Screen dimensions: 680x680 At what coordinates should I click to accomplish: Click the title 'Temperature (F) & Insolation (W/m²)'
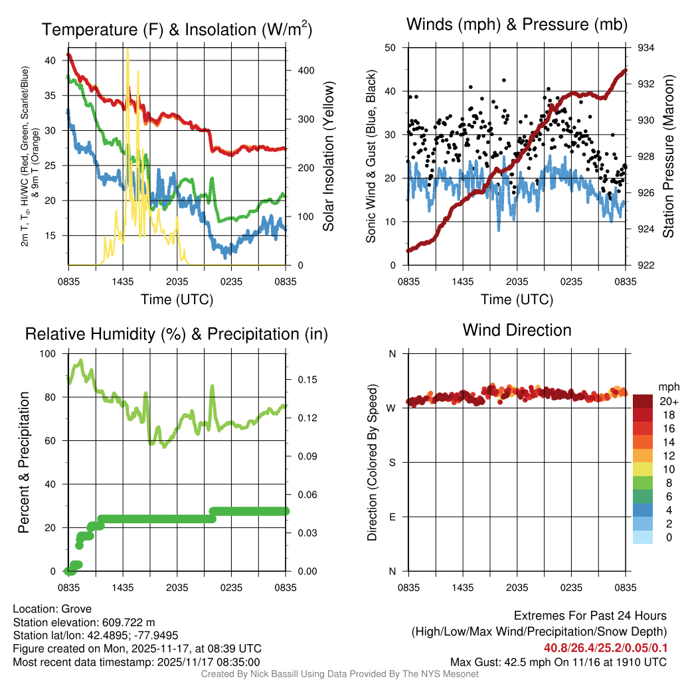pyautogui.click(x=177, y=29)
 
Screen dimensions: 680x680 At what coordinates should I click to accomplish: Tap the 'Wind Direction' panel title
pyautogui.click(x=517, y=330)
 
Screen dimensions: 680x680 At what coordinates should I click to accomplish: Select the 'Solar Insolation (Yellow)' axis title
pyautogui.click(x=328, y=157)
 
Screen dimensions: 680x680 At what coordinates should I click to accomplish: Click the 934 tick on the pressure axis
pyautogui.click(x=645, y=48)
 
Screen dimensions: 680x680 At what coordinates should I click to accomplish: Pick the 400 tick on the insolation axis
pyautogui.click(x=305, y=70)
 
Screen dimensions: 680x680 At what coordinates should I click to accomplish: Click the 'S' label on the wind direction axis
pyautogui.click(x=392, y=462)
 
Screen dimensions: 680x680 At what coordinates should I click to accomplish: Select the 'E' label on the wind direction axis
pyautogui.click(x=392, y=517)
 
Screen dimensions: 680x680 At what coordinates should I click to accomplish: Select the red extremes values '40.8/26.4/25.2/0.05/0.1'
pyautogui.click(x=606, y=648)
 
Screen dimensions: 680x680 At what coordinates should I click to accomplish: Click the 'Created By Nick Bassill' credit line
pyautogui.click(x=340, y=674)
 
